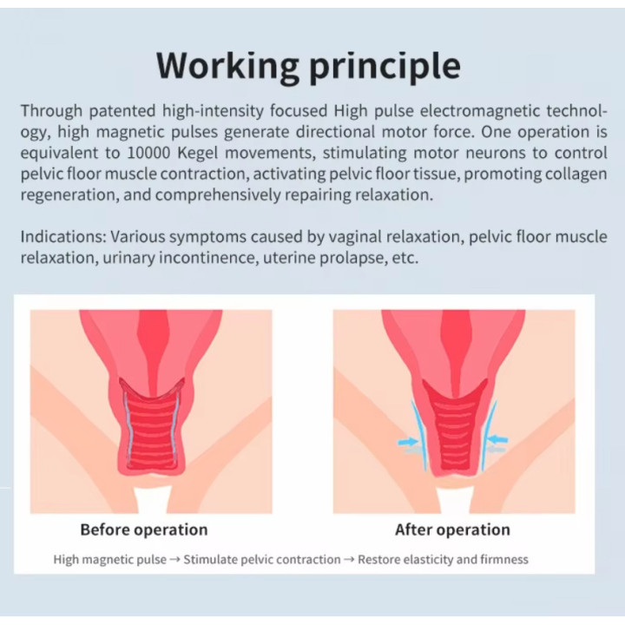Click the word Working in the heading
pyautogui.click(x=227, y=66)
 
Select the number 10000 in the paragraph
pyautogui.click(x=148, y=153)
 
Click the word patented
pyautogui.click(x=122, y=111)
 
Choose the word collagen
pyautogui.click(x=576, y=174)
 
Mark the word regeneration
pyautogui.click(x=69, y=195)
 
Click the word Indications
pyautogui.click(x=63, y=237)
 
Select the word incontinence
pyautogui.click(x=207, y=258)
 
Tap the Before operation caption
pyautogui.click(x=144, y=530)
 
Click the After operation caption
pyautogui.click(x=452, y=530)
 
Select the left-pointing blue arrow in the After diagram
pyautogui.click(x=498, y=439)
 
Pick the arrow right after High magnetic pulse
pyautogui.click(x=174, y=560)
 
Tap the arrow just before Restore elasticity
pyautogui.click(x=349, y=560)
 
